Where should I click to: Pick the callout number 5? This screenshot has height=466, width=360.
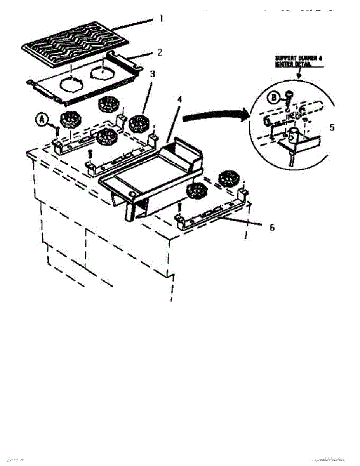(332, 127)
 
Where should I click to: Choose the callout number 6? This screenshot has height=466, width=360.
(272, 227)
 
